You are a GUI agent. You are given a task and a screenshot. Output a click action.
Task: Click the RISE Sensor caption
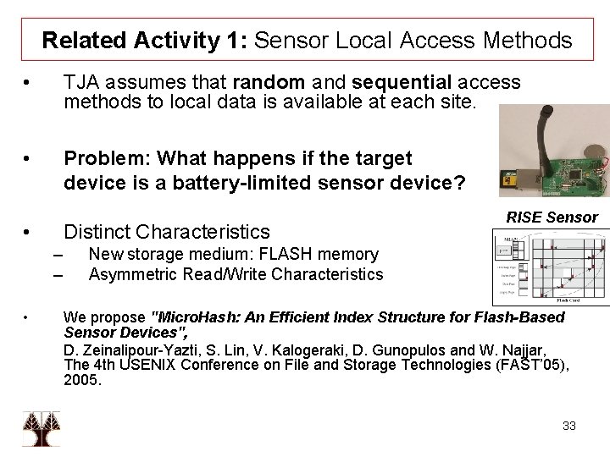552,218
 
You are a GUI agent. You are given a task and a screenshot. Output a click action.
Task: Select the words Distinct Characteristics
167,231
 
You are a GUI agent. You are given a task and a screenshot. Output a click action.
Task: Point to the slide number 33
568,426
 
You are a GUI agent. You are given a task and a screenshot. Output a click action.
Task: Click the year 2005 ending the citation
82,380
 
